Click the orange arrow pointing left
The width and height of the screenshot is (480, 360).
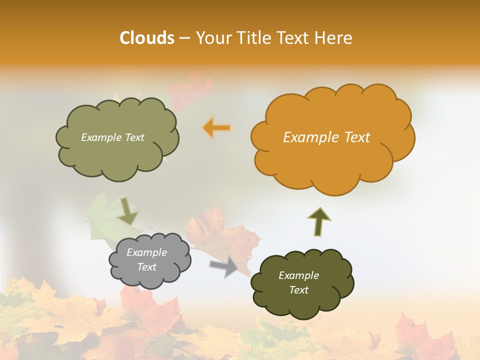(x=216, y=128)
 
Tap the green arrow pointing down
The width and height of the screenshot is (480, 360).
(x=128, y=211)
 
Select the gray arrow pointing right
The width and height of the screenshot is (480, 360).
(x=224, y=266)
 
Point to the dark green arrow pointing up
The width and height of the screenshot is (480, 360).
(x=319, y=221)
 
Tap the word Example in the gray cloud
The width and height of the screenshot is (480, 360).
(x=146, y=252)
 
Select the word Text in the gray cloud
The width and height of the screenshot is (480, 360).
(x=146, y=267)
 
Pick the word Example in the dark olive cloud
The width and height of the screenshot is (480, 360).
(x=298, y=275)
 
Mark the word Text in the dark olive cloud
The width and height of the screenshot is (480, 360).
(x=298, y=290)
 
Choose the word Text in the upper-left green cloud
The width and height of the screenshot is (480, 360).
(x=134, y=137)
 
